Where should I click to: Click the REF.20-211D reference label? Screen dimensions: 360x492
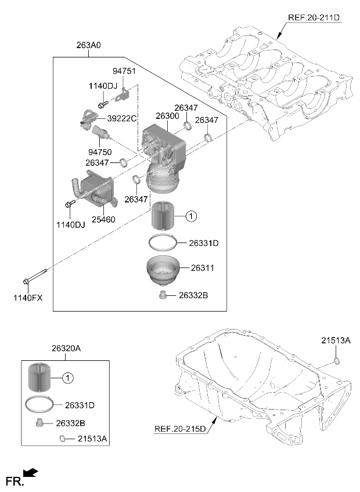pyautogui.click(x=314, y=17)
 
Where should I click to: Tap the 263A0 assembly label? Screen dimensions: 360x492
pyautogui.click(x=88, y=45)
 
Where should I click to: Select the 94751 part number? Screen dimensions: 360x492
pyautogui.click(x=124, y=71)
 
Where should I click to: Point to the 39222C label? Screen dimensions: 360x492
pyautogui.click(x=122, y=118)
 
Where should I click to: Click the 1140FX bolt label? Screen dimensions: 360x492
pyautogui.click(x=28, y=298)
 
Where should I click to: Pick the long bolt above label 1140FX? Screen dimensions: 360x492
pyautogui.click(x=35, y=276)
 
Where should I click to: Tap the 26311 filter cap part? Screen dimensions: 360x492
pyautogui.click(x=163, y=270)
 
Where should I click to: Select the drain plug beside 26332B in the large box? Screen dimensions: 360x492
pyautogui.click(x=163, y=295)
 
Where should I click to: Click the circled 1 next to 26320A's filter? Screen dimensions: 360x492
pyautogui.click(x=68, y=378)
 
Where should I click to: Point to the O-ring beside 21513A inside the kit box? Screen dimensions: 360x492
pyautogui.click(x=63, y=439)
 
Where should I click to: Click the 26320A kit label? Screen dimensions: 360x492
pyautogui.click(x=66, y=348)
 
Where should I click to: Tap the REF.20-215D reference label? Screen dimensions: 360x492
pyautogui.click(x=180, y=429)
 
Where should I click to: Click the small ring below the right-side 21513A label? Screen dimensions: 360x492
pyautogui.click(x=336, y=361)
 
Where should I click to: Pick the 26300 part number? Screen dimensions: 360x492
pyautogui.click(x=167, y=116)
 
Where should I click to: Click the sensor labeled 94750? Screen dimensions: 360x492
pyautogui.click(x=102, y=132)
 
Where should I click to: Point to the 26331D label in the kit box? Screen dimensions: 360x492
pyautogui.click(x=80, y=405)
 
